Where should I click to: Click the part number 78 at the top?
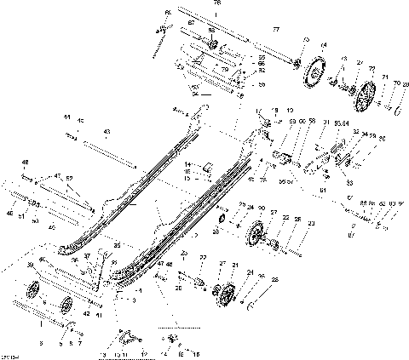(215, 4)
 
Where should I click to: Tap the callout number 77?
(274, 30)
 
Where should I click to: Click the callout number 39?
(32, 266)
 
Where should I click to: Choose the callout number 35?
(116, 246)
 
